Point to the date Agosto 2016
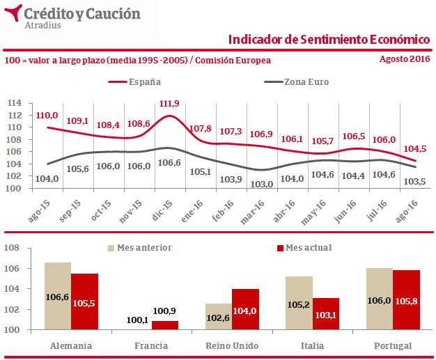pyautogui.click(x=404, y=59)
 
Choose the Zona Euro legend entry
pyautogui.click(x=305, y=82)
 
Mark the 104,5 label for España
pyautogui.click(x=415, y=149)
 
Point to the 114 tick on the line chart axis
pyautogui.click(x=13, y=104)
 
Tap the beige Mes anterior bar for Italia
pyautogui.click(x=299, y=303)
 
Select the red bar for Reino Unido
pyautogui.click(x=246, y=309)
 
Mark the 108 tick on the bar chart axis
pyautogui.click(x=13, y=248)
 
